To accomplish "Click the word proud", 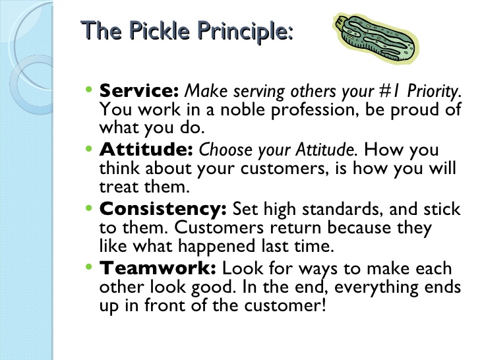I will point(415,109).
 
